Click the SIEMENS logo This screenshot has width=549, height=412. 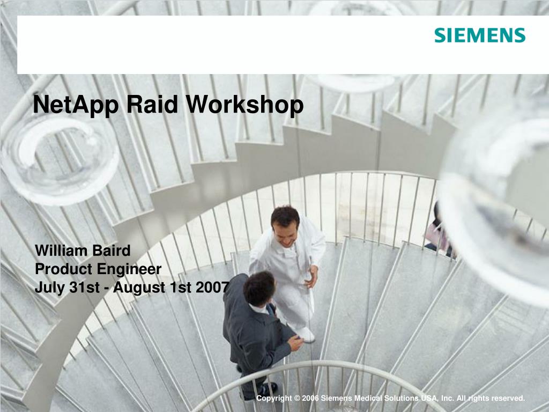pos(479,36)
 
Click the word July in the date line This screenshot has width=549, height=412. pos(49,288)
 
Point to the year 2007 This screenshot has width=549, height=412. pos(212,288)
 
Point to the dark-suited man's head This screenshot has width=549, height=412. pos(259,288)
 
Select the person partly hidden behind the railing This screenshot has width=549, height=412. pos(437,231)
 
